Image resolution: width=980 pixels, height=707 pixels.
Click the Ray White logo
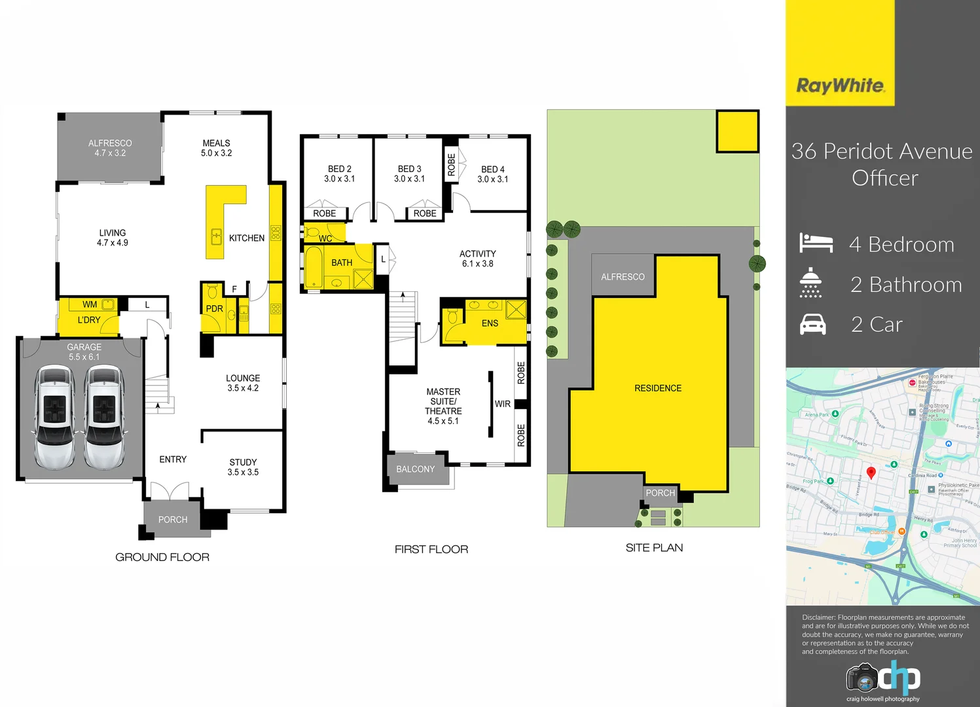coord(840,86)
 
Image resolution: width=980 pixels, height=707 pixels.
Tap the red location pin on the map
coord(871,473)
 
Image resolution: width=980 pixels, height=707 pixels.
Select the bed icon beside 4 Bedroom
coord(816,244)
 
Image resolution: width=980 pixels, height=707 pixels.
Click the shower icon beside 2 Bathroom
coord(810,283)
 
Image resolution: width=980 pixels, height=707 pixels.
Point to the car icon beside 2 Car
coord(812,324)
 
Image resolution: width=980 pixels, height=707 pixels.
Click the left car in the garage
coord(54,417)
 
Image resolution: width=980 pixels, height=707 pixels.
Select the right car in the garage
coord(104,417)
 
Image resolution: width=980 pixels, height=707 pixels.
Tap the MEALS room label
coord(216,143)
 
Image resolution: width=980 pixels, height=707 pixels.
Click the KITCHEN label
coord(247,238)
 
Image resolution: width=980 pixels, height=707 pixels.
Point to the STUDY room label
coord(243,462)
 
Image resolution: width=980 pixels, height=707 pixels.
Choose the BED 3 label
coord(409,169)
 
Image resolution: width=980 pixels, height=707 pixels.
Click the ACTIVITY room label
coord(477,254)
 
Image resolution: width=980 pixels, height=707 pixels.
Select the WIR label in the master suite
coord(502,404)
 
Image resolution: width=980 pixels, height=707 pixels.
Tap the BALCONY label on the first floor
coord(415,469)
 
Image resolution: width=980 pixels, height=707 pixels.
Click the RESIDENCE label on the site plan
coord(658,388)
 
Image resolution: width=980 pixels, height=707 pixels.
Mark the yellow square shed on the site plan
coord(737,132)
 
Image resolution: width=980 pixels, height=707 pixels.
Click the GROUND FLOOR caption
coord(162,557)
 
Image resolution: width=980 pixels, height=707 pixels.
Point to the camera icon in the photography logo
coord(862,679)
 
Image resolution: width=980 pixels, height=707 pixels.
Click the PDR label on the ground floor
coord(214,309)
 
